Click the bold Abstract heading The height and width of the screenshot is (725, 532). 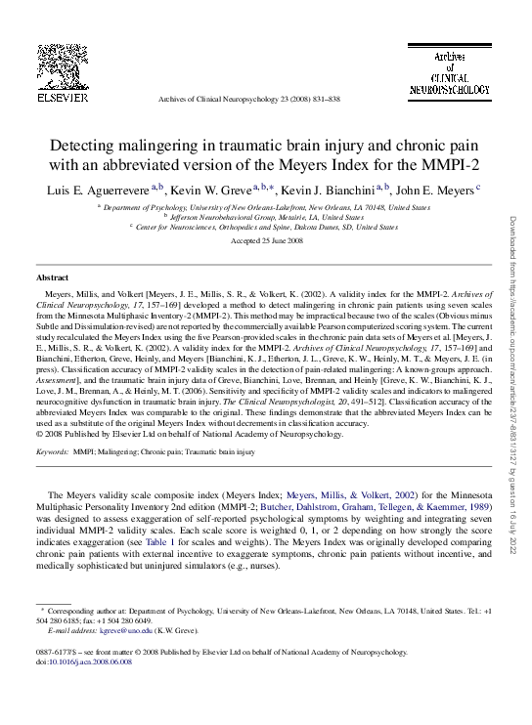(x=52, y=278)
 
